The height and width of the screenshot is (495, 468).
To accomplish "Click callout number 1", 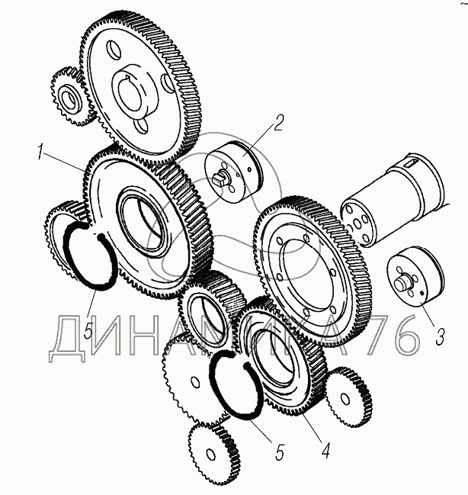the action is [40, 152].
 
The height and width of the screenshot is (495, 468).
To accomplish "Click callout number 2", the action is [278, 123].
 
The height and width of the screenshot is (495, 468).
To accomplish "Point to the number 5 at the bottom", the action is [279, 452].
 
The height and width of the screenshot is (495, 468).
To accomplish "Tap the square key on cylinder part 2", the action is [220, 178].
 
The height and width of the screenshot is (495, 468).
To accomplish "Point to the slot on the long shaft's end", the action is [411, 163].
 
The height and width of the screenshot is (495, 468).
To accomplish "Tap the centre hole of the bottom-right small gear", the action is [345, 399].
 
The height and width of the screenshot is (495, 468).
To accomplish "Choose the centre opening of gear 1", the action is [143, 223].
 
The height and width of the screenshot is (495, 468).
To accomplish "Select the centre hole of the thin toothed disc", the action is [196, 383].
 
